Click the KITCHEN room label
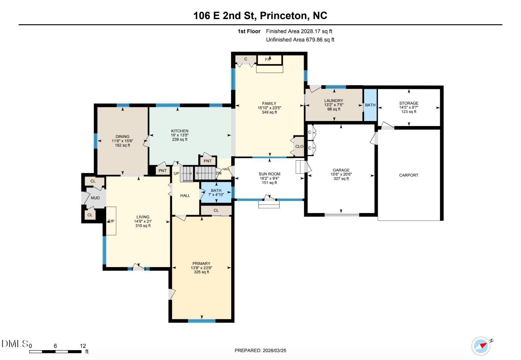point(180,131)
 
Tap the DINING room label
point(122,137)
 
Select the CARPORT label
point(409,175)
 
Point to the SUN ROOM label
point(269,174)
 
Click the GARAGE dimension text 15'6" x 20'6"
point(341,174)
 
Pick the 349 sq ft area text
point(269,112)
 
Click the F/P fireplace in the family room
point(270,60)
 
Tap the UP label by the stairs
point(176,173)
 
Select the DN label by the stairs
point(218,173)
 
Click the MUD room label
point(95,198)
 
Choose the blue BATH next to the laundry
point(370,105)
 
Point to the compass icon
point(481,346)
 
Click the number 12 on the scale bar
point(83,346)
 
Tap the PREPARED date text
point(260,350)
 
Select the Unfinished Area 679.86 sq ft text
point(300,40)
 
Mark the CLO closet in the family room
point(299,146)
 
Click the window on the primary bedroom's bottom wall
point(202,321)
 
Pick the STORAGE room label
point(409,103)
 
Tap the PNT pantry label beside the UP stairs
point(162,170)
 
